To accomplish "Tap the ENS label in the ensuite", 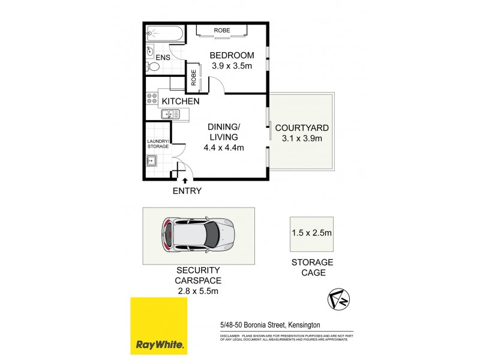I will point(163,58).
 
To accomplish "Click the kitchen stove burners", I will point(151,99).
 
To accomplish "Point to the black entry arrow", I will point(185,179).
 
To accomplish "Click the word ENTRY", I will point(187,191).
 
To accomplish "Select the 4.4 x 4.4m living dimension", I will point(224,148).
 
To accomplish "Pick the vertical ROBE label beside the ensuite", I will point(194,77).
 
